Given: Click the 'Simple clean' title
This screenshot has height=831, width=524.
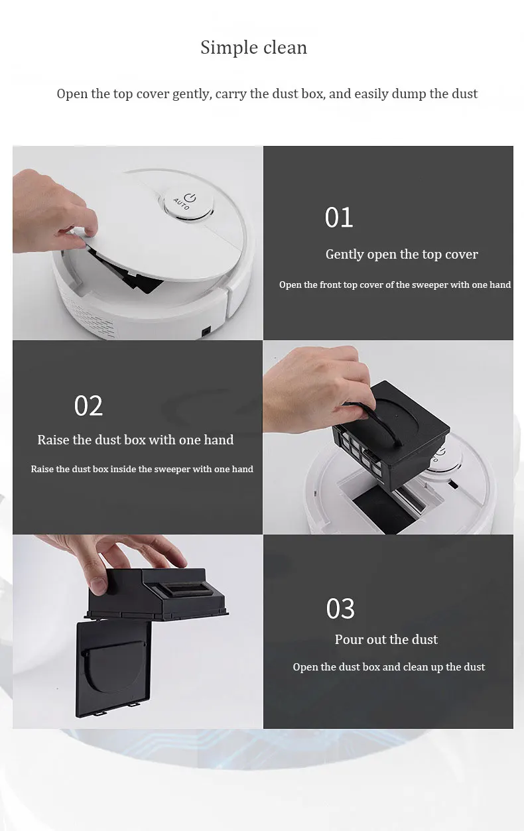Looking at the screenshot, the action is pos(254,48).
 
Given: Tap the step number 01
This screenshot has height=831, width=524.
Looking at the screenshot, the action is pos(338,218).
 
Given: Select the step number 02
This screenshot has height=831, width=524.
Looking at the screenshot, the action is pos(88,405).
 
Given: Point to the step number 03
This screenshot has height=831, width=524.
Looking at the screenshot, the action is pos(340,609).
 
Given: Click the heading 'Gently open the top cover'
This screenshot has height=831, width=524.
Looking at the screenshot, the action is pos(401,255).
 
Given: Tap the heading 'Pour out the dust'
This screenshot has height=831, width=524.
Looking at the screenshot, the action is pos(386,639).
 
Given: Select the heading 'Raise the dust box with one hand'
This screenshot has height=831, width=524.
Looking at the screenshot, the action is pos(135,440).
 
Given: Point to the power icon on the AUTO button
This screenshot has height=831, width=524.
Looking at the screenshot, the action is pos(191,198).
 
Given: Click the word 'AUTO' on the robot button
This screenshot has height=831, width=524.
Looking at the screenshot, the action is pos(182,204).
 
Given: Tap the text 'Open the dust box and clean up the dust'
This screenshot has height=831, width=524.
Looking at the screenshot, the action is pos(389,667).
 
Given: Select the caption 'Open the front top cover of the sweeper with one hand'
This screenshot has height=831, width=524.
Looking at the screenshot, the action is pos(395,285).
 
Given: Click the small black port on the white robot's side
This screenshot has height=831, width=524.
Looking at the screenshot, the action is pos(206,332).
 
